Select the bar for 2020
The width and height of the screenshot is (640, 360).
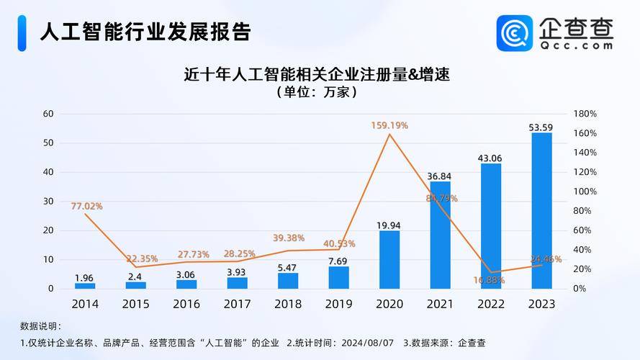pos(389,259)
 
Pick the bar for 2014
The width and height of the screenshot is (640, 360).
pos(85,285)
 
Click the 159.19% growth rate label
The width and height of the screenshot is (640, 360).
pos(389,125)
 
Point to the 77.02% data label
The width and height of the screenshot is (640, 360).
pos(86,206)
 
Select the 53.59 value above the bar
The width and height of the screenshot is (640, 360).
pos(541,127)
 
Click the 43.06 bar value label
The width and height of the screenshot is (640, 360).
pos(490,158)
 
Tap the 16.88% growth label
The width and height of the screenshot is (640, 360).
pos(490,280)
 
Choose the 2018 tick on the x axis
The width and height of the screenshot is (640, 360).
pos(288,304)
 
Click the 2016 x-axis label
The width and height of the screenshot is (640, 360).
pos(186,304)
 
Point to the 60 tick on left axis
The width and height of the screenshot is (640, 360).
pos(48,114)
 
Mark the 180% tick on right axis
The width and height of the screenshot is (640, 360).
pos(585,114)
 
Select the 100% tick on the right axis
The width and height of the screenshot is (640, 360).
pos(585,192)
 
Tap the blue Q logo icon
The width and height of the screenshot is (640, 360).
pos(514,32)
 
